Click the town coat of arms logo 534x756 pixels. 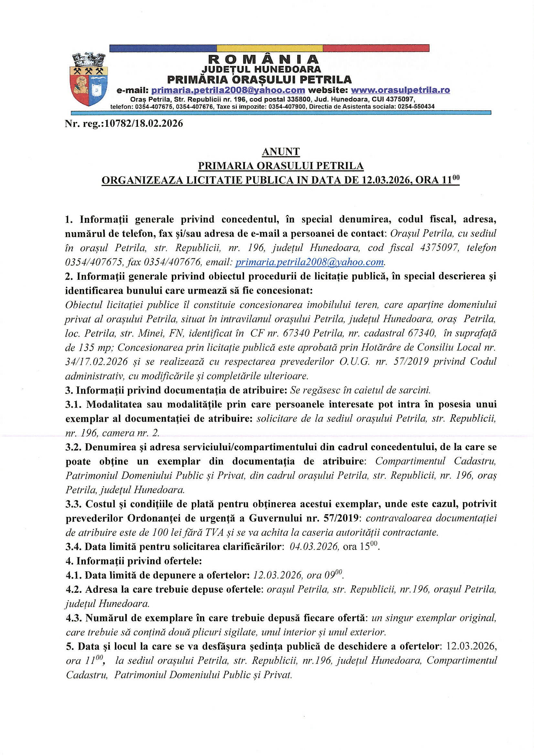click(x=88, y=79)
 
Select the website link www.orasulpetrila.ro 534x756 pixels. click(x=400, y=90)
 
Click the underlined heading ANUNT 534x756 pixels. click(x=281, y=151)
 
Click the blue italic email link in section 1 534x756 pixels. click(x=309, y=262)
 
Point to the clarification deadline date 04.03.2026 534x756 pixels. click(x=314, y=547)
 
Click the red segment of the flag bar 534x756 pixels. click(x=376, y=48)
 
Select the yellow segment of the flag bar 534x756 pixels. click(x=269, y=48)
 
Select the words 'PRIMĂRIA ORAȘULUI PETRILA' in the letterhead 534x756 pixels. click(x=259, y=79)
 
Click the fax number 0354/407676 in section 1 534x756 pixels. click(x=173, y=262)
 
